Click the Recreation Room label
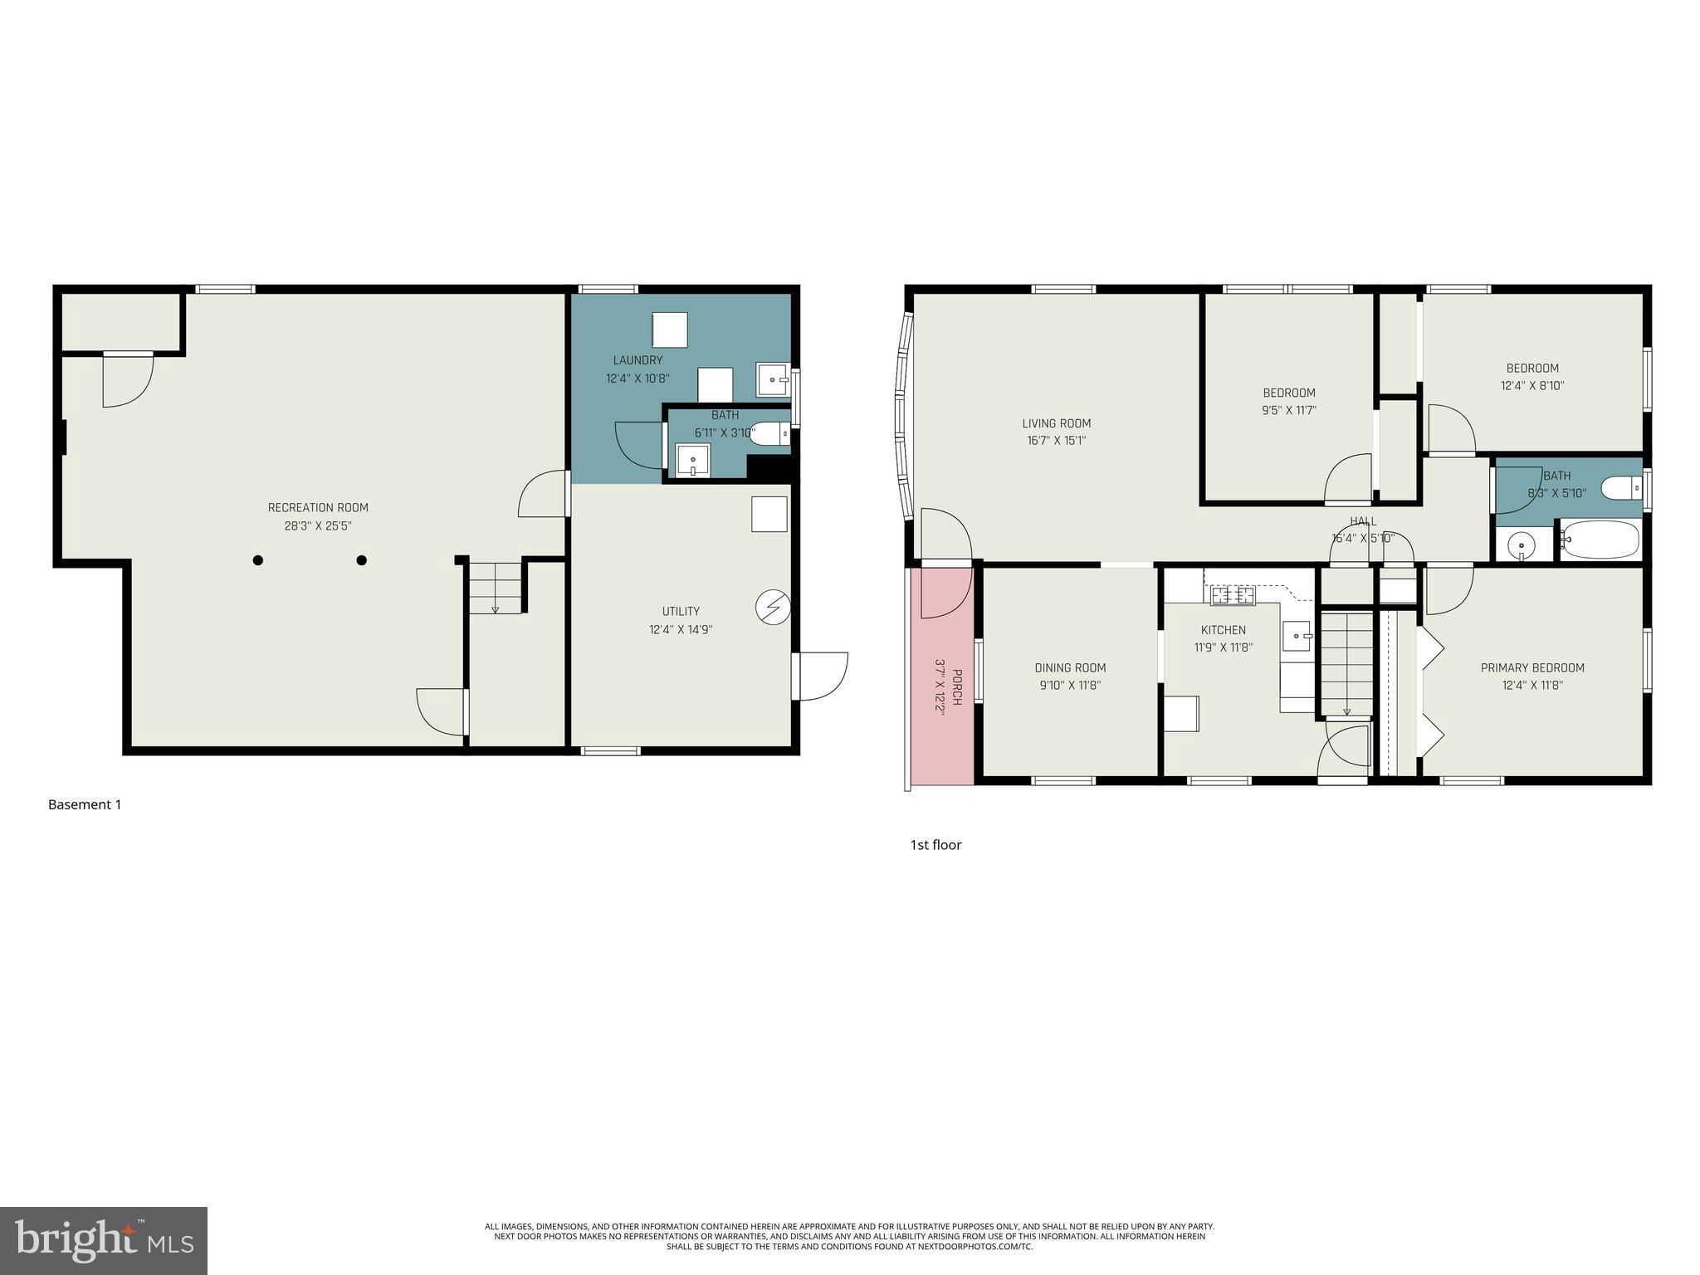pos(317,507)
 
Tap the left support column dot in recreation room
pos(258,560)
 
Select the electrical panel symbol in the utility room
pos(772,608)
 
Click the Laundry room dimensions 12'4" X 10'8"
pos(637,379)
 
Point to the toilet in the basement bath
pos(769,432)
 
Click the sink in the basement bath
pos(692,459)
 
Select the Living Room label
pos(1056,423)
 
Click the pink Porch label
pos(956,687)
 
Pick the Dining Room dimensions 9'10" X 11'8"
pos(1070,686)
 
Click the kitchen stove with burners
pos(1232,594)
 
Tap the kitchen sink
pos(1296,637)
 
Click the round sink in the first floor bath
pos(1522,546)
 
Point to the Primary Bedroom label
pos(1532,667)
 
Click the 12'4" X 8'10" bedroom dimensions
pos(1532,386)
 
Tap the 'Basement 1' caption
pos(85,804)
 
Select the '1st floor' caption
pos(935,845)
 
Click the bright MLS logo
pos(103,1240)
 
